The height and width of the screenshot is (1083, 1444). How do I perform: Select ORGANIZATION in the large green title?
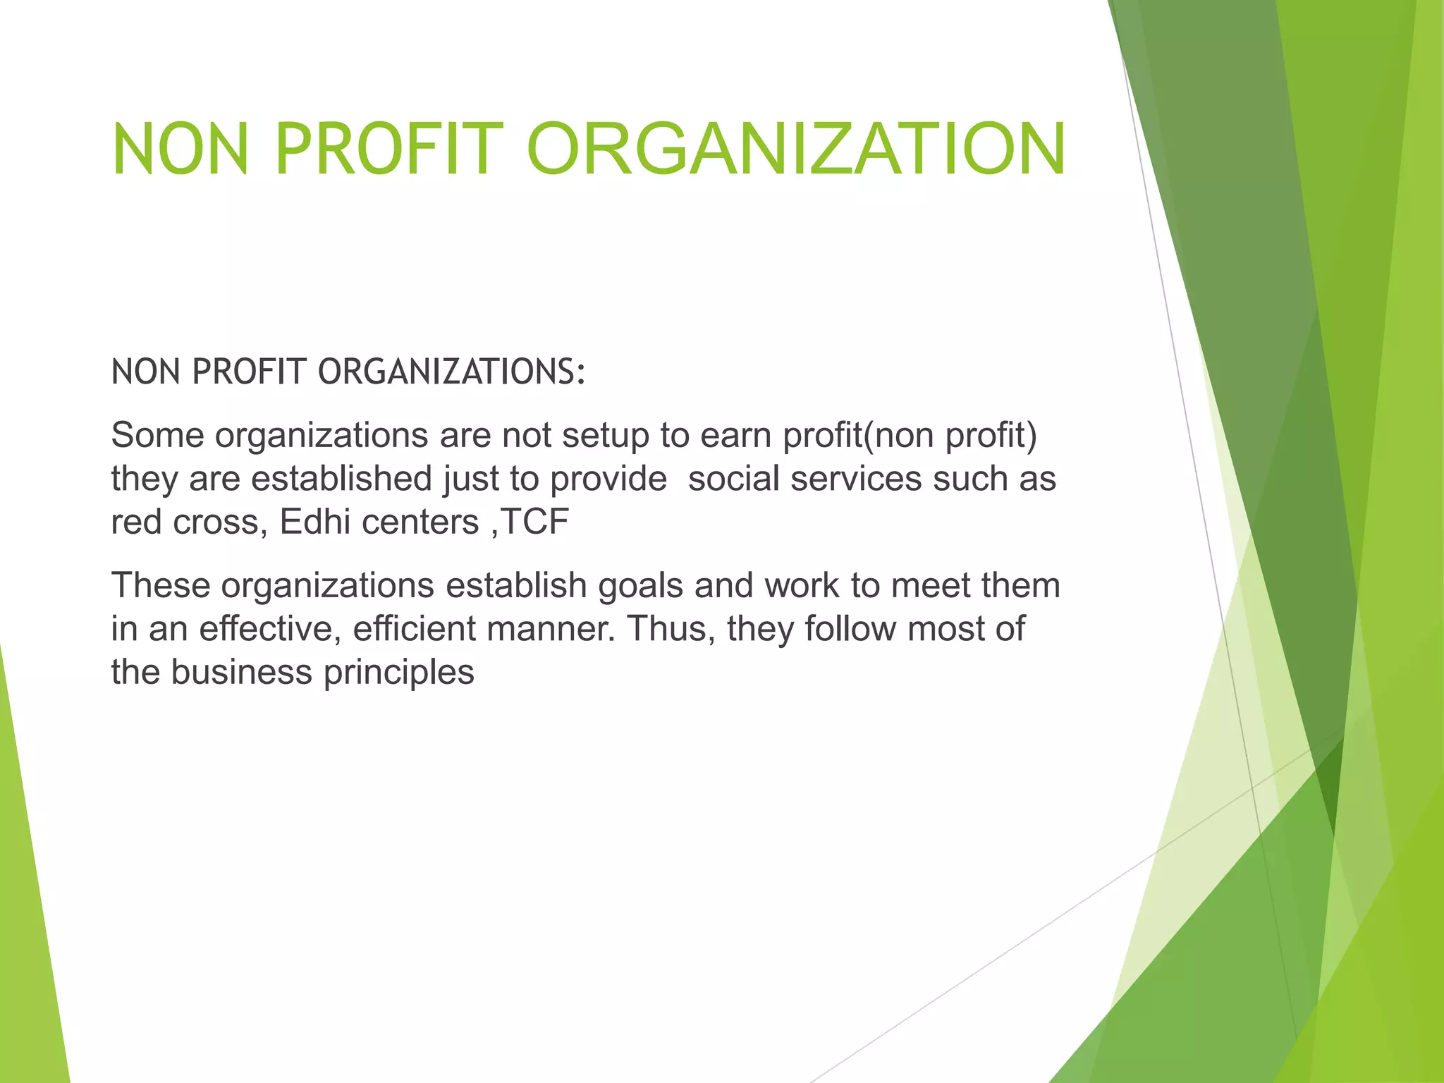pos(796,149)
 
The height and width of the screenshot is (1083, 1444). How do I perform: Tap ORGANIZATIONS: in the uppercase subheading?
pos(452,372)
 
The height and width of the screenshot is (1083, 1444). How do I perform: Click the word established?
pos(341,479)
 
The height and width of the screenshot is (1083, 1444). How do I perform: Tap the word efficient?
pos(414,629)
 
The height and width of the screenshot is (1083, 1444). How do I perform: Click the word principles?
pos(398,673)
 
